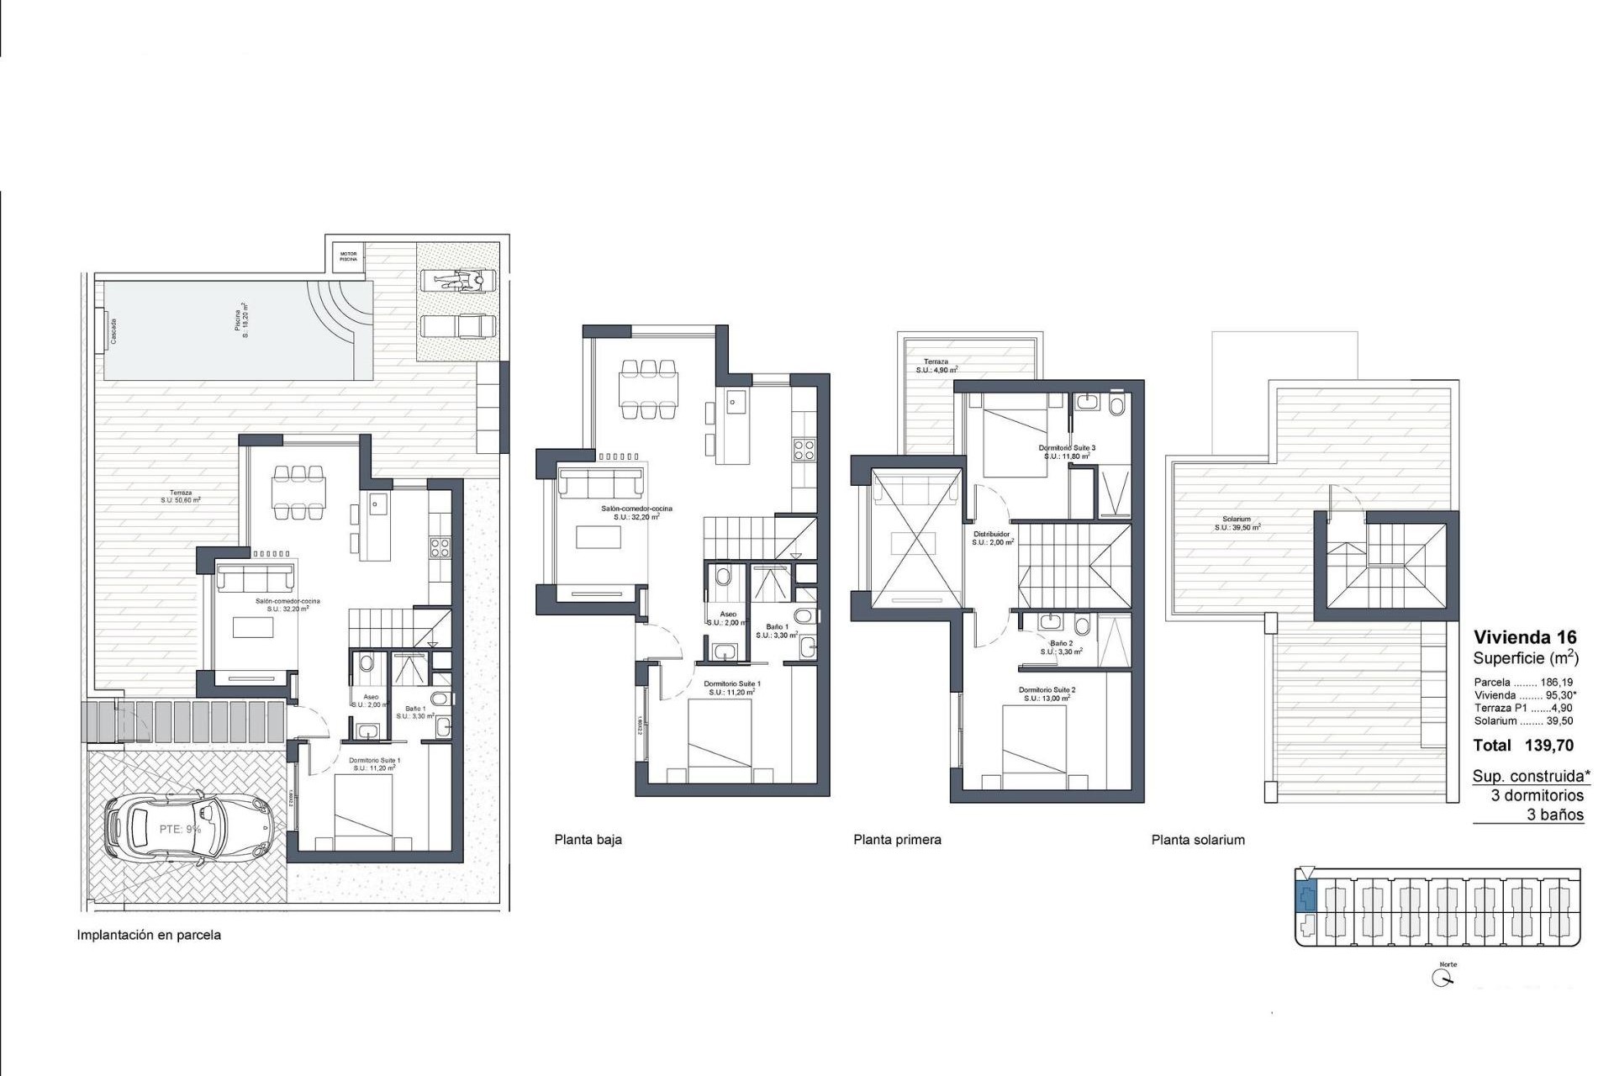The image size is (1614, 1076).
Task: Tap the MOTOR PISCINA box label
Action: point(348,256)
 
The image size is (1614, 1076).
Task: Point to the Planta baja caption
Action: point(588,839)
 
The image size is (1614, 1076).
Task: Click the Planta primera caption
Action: point(897,839)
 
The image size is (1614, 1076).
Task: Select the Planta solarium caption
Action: point(1198,839)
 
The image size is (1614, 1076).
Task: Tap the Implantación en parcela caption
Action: point(149,935)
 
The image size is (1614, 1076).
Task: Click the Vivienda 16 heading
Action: point(1525,637)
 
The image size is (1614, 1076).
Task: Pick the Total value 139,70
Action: point(1548,745)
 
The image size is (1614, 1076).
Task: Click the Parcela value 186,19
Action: point(1556,683)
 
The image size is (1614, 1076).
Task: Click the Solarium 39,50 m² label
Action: point(1237,524)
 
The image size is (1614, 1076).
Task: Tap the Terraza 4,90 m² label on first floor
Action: point(936,366)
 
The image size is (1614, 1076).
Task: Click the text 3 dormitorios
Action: point(1537,795)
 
